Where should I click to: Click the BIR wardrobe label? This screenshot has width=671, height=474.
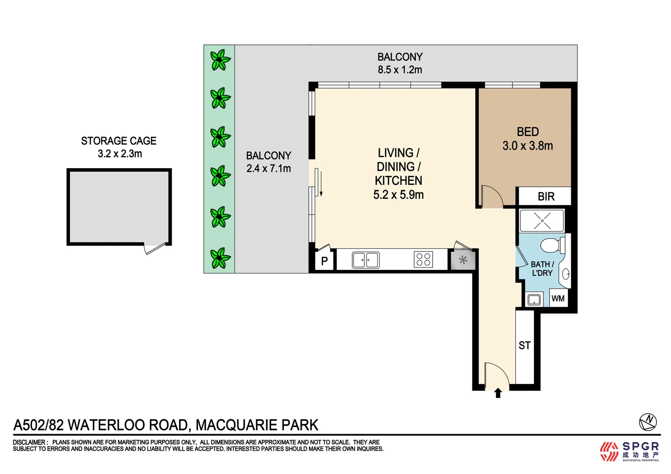pos(546,197)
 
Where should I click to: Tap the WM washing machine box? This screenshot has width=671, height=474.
pos(558,298)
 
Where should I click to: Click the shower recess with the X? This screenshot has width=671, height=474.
pos(542,221)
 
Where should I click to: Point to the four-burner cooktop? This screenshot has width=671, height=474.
pos(423,259)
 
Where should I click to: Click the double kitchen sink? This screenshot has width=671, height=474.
pos(365,260)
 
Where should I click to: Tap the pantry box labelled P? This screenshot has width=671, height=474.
pos(325,261)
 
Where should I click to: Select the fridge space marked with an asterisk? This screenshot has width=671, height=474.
pos(463,260)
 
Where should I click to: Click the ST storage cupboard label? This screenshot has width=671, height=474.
pos(524,345)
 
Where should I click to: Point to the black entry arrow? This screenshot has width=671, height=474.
pos(498,393)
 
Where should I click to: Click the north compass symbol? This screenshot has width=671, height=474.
pos(648,422)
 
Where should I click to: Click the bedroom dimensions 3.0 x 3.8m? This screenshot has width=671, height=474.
pos(527,146)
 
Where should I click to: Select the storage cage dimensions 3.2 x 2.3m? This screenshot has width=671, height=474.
pos(120,154)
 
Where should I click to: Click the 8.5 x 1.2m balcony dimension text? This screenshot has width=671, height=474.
pos(400,70)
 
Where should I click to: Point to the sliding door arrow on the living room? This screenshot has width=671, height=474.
pos(321,183)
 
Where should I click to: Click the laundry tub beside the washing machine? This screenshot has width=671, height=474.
pos(534,299)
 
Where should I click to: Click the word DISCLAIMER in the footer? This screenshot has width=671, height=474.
pos(29,442)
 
